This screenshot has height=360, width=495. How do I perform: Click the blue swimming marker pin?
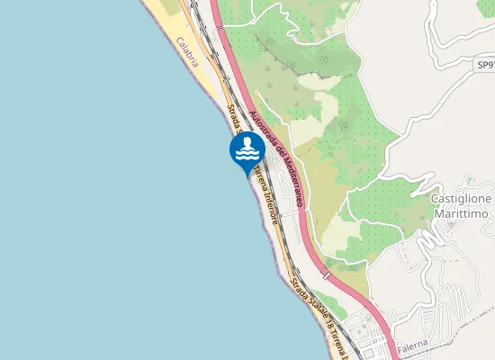click(x=247, y=149)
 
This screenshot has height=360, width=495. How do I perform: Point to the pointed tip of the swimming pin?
click(x=247, y=174)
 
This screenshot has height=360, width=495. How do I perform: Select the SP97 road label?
click(x=485, y=66)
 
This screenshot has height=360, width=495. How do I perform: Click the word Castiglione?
click(x=460, y=199)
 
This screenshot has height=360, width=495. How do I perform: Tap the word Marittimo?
click(x=460, y=214)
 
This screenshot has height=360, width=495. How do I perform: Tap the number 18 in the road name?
click(x=330, y=323)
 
